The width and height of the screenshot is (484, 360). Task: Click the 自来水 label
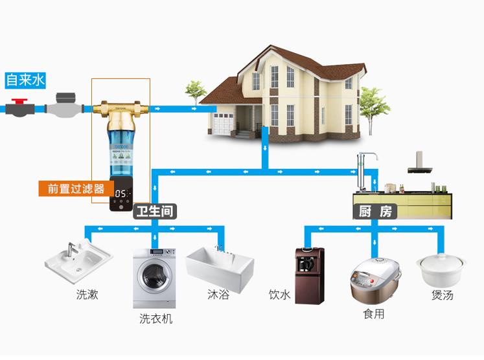(25, 80)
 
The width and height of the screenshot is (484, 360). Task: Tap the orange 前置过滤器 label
(76, 189)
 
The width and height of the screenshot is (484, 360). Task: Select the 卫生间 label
(155, 211)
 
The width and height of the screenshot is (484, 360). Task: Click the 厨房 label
(375, 211)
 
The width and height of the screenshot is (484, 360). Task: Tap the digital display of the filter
(122, 194)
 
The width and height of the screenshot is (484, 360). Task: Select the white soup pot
(441, 270)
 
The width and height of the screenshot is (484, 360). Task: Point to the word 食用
(374, 314)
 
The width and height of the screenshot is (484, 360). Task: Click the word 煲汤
(442, 295)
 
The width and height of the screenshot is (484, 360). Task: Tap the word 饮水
(280, 295)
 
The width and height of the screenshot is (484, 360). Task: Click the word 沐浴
(218, 295)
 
